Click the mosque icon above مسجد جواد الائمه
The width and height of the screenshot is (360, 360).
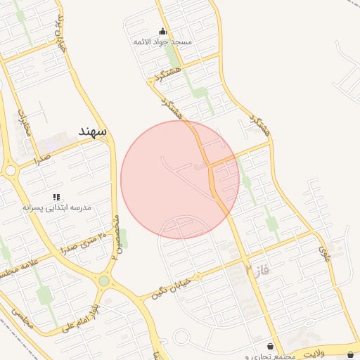click(163, 31)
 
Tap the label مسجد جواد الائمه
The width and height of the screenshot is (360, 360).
click(163, 42)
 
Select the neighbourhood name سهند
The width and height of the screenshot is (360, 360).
click(92, 131)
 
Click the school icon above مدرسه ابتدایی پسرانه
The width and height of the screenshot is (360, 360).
click(56, 198)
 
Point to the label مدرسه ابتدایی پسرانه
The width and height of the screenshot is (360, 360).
click(57, 208)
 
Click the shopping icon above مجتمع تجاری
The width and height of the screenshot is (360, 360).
click(270, 347)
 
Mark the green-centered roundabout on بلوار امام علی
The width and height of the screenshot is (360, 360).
click(104, 281)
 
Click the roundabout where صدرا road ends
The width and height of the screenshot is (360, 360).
click(10, 170)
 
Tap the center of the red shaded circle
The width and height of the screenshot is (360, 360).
click(180, 179)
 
